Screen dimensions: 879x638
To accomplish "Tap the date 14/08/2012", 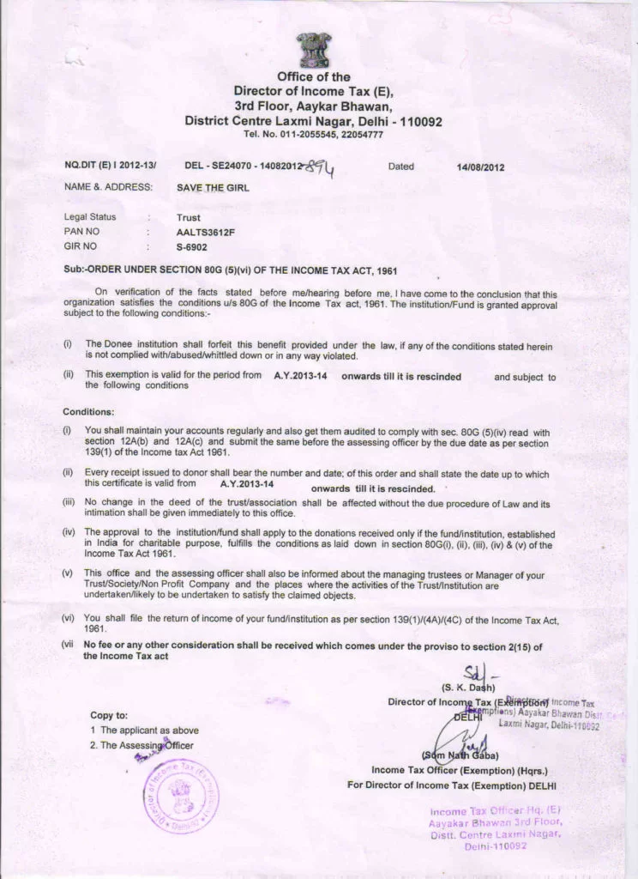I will [x=481, y=167].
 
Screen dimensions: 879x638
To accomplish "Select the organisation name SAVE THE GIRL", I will [x=213, y=187].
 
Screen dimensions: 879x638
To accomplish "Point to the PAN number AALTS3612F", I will [x=205, y=232].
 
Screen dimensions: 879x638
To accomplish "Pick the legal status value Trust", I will [x=188, y=218].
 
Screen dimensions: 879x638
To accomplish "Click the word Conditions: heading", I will [x=88, y=411].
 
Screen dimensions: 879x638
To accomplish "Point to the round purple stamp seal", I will [x=179, y=793].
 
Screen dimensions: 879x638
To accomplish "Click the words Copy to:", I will [x=109, y=714].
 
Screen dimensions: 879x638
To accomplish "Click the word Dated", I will [x=400, y=167].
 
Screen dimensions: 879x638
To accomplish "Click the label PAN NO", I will [x=82, y=232].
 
